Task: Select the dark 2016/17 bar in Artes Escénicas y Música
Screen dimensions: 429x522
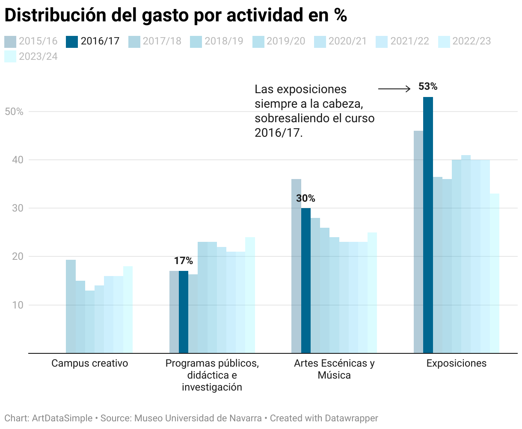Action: tap(306, 280)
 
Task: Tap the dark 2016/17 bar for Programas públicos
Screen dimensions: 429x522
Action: tap(184, 312)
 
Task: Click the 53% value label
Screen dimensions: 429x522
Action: tap(428, 87)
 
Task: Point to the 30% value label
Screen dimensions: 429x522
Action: tap(305, 199)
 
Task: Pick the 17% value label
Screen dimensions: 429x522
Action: tap(184, 261)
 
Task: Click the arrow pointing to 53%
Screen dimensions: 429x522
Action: tap(394, 89)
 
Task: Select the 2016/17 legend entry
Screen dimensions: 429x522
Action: tap(93, 41)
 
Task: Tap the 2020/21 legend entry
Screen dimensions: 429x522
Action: tap(341, 41)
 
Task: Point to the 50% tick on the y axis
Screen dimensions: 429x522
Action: tap(14, 112)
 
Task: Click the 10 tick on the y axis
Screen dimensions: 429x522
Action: tap(17, 306)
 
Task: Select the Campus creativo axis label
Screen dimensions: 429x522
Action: tap(90, 364)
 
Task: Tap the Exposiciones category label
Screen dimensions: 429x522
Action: tap(457, 364)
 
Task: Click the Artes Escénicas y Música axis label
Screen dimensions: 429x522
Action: tap(334, 369)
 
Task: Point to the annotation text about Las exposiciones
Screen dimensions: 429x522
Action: tap(314, 111)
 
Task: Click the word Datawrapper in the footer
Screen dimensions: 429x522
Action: tap(351, 418)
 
